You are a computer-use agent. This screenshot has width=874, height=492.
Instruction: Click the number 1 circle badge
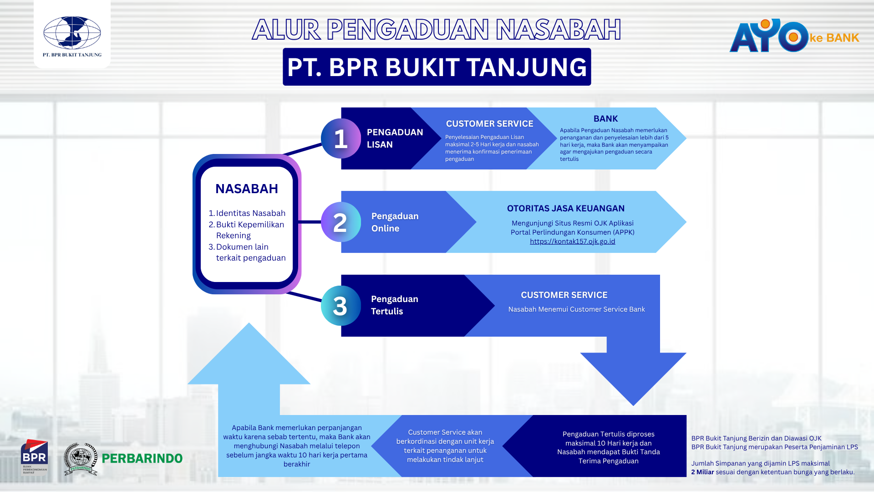[340, 138]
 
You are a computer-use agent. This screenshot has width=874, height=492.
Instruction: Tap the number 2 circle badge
[340, 222]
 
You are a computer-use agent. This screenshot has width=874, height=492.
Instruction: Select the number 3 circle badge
[340, 306]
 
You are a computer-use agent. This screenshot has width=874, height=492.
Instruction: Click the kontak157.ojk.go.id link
[572, 241]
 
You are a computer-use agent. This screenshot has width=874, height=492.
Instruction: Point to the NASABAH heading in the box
[246, 189]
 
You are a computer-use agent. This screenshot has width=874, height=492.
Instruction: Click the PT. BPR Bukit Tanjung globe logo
[72, 33]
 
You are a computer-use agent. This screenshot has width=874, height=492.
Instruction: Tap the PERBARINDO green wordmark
[142, 458]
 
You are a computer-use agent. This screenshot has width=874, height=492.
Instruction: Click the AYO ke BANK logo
[793, 36]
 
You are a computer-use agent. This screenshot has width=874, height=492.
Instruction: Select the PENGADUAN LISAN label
[395, 138]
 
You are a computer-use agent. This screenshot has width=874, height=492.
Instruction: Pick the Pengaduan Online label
[395, 222]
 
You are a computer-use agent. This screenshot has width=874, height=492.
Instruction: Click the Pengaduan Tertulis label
[394, 305]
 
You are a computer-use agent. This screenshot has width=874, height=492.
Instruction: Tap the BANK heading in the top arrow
[605, 119]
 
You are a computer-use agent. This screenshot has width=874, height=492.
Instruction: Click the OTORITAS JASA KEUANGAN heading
[566, 209]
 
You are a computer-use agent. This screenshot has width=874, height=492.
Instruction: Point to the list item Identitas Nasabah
[250, 213]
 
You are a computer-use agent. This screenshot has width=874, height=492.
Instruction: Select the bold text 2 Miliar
[702, 472]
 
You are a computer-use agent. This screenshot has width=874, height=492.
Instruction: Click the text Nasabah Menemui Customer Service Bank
[576, 309]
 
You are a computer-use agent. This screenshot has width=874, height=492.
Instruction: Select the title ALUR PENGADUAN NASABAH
[437, 30]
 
